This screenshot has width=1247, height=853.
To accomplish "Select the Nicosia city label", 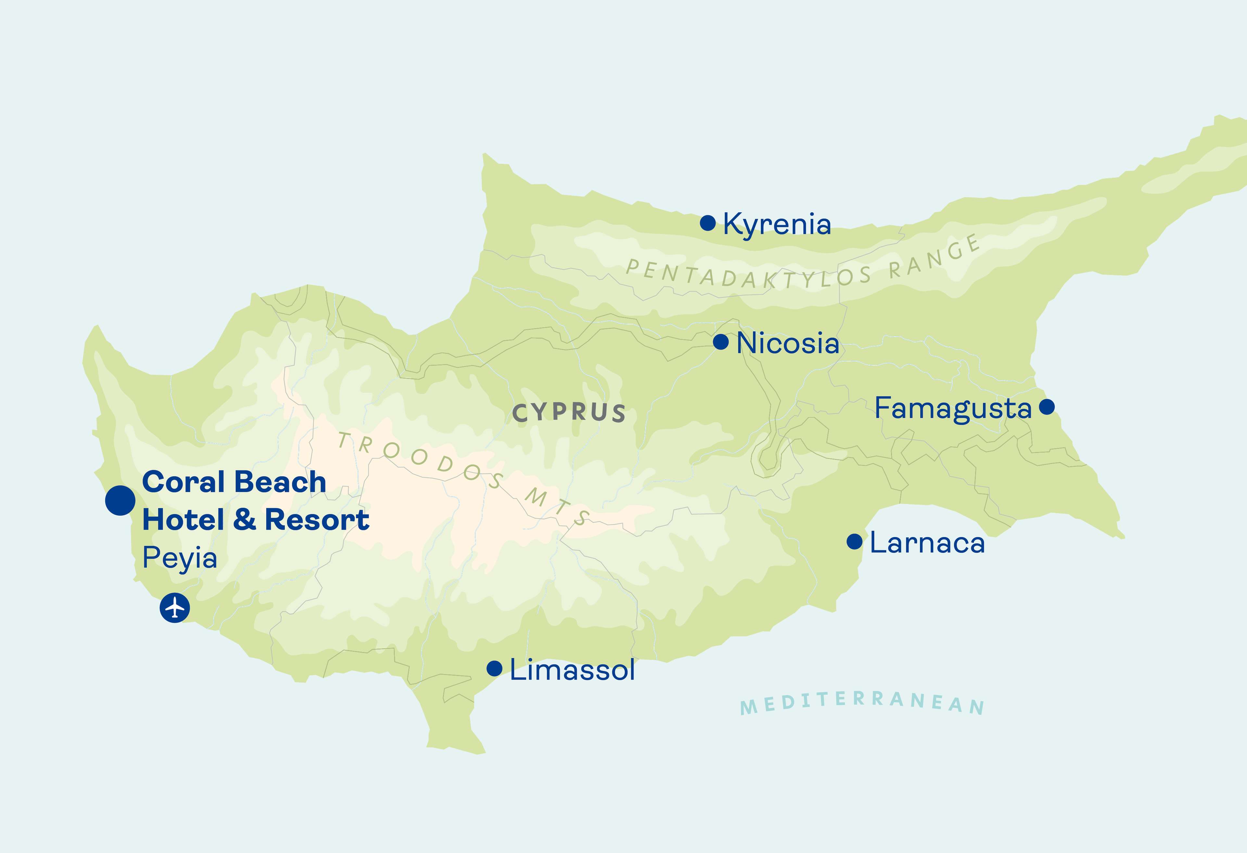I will (788, 343).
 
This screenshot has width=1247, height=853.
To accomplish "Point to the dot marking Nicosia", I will (721, 342).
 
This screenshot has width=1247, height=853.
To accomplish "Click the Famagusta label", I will (953, 409).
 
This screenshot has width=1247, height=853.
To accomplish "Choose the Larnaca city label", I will (927, 543).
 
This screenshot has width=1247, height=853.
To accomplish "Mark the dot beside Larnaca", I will (854, 541).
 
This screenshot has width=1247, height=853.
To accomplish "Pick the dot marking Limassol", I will (494, 668).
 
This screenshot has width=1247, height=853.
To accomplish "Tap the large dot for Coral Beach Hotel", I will (120, 501).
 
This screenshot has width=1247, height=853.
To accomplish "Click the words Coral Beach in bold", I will (234, 482).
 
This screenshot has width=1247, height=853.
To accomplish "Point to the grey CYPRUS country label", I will (569, 413).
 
